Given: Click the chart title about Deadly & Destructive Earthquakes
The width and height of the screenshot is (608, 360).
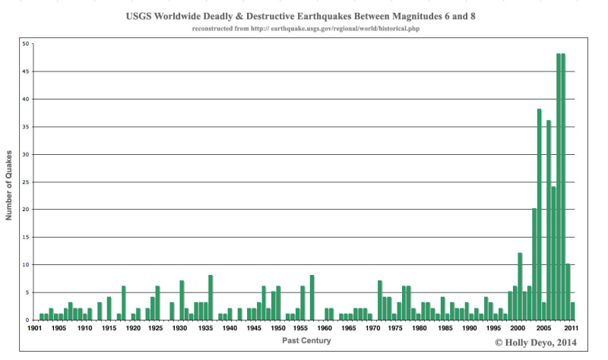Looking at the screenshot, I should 304,14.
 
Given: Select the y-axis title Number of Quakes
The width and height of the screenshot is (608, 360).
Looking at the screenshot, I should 10,182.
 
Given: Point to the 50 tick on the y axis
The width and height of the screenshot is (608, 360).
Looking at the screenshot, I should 25,44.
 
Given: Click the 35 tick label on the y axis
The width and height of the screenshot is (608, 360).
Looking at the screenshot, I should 25,127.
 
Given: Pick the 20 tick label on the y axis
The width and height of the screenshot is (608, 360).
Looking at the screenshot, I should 25,210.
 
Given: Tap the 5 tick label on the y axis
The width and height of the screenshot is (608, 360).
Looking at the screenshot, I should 27,292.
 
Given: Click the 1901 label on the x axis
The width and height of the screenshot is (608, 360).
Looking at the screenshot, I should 35,329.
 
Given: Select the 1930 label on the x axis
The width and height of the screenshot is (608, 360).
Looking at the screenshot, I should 180,329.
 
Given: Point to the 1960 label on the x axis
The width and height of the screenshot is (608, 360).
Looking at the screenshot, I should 325,329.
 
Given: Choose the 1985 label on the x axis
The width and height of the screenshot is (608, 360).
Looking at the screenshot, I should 445,329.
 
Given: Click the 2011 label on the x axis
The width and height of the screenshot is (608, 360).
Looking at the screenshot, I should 572,329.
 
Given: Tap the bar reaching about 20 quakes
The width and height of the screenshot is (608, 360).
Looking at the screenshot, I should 534,266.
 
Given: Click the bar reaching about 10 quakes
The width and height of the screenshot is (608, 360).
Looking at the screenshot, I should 568,292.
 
